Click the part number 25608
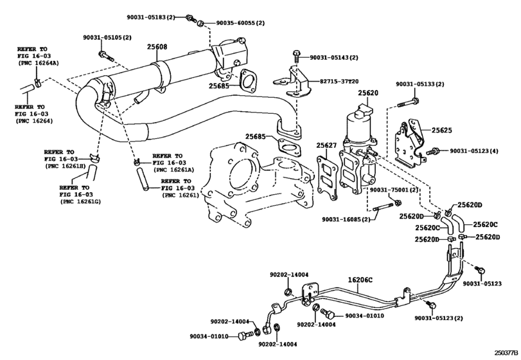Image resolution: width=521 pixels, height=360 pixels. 157,47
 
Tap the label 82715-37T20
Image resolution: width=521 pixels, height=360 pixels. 339,82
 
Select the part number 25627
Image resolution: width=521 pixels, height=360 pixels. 326,145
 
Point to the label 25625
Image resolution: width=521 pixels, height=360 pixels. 441,130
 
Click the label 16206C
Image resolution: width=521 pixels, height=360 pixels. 360,280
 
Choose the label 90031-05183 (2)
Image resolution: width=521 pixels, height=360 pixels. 150,17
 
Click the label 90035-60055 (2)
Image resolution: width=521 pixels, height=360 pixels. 240,23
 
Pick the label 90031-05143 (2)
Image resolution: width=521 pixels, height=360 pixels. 334,57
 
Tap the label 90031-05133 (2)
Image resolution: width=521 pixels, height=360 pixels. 419,84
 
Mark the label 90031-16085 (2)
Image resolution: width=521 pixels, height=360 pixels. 346,219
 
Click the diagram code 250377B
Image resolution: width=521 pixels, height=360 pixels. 506,352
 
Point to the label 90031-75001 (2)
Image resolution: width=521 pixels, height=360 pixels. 394,190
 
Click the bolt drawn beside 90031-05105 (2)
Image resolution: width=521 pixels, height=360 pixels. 105,56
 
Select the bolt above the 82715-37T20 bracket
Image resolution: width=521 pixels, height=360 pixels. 296,56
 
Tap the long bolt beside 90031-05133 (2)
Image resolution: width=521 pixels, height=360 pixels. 408,102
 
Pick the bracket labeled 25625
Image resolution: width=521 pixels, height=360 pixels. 409,145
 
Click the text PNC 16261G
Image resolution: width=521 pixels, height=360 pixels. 81,201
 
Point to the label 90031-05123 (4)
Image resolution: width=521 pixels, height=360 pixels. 474,151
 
